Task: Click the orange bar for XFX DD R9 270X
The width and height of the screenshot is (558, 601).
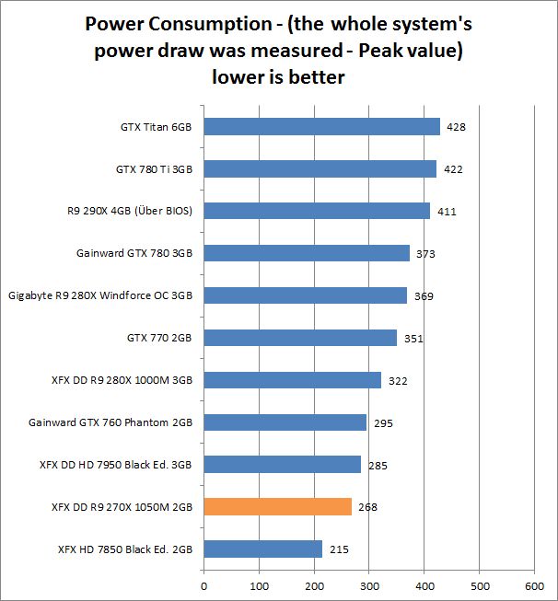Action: [277, 506]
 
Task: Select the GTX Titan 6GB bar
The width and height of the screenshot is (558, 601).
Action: [321, 126]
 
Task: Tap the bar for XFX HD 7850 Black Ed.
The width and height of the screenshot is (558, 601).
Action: [262, 549]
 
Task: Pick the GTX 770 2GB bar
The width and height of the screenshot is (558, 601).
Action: [299, 338]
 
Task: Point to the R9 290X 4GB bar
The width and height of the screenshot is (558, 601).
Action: [316, 211]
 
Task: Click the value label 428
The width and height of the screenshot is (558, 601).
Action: [456, 127]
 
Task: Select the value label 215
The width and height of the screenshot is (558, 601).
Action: [338, 549]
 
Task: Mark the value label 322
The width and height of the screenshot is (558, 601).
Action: [398, 381]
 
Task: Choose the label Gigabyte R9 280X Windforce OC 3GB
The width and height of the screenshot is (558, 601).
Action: [99, 296]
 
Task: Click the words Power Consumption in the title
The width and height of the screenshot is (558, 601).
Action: [169, 22]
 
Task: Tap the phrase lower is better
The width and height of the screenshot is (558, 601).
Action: [278, 77]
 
